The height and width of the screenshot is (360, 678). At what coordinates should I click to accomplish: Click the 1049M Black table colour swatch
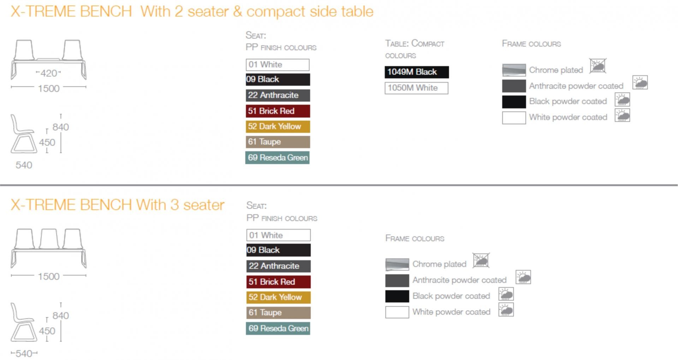coord(417,72)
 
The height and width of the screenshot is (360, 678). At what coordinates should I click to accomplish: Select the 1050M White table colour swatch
coord(416,88)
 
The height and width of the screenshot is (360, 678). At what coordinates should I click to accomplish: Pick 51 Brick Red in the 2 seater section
coord(278,111)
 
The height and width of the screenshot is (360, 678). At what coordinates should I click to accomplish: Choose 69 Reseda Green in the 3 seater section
coord(278,328)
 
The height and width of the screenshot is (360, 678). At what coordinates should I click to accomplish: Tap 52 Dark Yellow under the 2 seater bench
coord(278,126)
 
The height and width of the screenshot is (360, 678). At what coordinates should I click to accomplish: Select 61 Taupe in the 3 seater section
coord(279,313)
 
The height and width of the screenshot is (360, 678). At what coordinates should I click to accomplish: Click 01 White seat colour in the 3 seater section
coord(279,235)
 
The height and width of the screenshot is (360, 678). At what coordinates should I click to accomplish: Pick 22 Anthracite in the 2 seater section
coord(278,95)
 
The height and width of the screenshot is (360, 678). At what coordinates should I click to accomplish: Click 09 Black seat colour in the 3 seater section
coord(279,250)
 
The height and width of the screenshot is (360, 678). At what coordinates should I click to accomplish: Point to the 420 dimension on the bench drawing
coord(49,73)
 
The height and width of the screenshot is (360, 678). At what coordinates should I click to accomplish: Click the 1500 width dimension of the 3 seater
coord(49,276)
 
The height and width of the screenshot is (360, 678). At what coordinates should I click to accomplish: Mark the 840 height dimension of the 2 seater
coord(61,127)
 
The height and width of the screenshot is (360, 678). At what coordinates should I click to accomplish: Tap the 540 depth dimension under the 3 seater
coord(24,353)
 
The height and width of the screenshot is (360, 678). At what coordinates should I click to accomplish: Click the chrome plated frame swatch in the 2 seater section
coord(514,70)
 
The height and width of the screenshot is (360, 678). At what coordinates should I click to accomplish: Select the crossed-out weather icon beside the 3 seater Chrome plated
coord(481,260)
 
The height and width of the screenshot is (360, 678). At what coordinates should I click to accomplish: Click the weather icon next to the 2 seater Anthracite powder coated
coord(640,83)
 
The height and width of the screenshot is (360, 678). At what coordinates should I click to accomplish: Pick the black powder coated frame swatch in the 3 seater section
coord(397,296)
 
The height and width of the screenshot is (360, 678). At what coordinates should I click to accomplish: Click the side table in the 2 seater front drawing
coord(49,59)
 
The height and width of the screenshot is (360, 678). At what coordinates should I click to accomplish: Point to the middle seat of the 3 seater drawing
coord(49,239)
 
